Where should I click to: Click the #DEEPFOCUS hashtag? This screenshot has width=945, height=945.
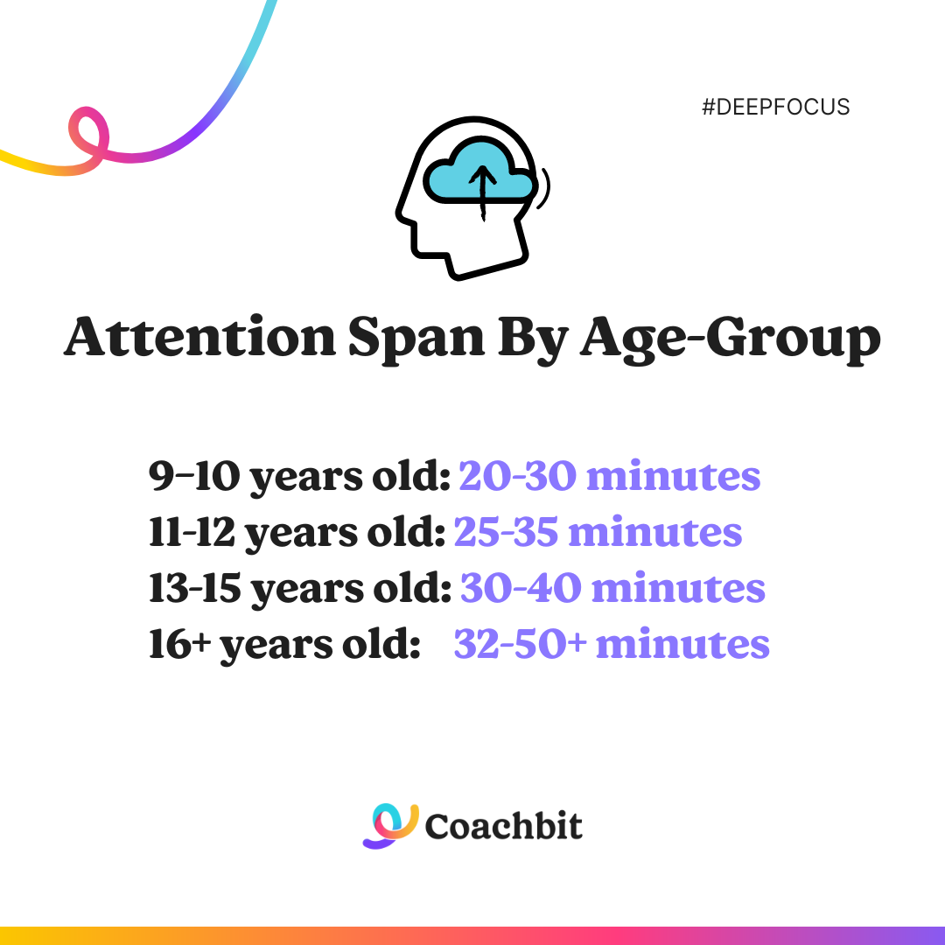775,108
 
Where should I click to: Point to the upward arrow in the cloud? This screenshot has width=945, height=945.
480,188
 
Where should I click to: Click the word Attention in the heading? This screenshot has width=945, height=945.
199,338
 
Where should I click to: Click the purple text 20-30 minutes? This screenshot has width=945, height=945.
609,476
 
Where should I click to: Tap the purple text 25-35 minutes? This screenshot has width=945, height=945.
598,532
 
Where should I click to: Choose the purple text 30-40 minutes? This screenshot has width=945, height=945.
612,588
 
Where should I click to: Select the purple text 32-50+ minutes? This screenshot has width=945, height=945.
612,644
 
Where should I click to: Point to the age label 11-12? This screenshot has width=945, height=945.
190,532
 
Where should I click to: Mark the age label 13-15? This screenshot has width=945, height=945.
193,588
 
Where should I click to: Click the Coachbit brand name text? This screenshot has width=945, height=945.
503,826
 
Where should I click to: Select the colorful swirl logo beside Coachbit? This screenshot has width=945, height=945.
390,825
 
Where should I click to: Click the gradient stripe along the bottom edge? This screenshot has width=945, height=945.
472,935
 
